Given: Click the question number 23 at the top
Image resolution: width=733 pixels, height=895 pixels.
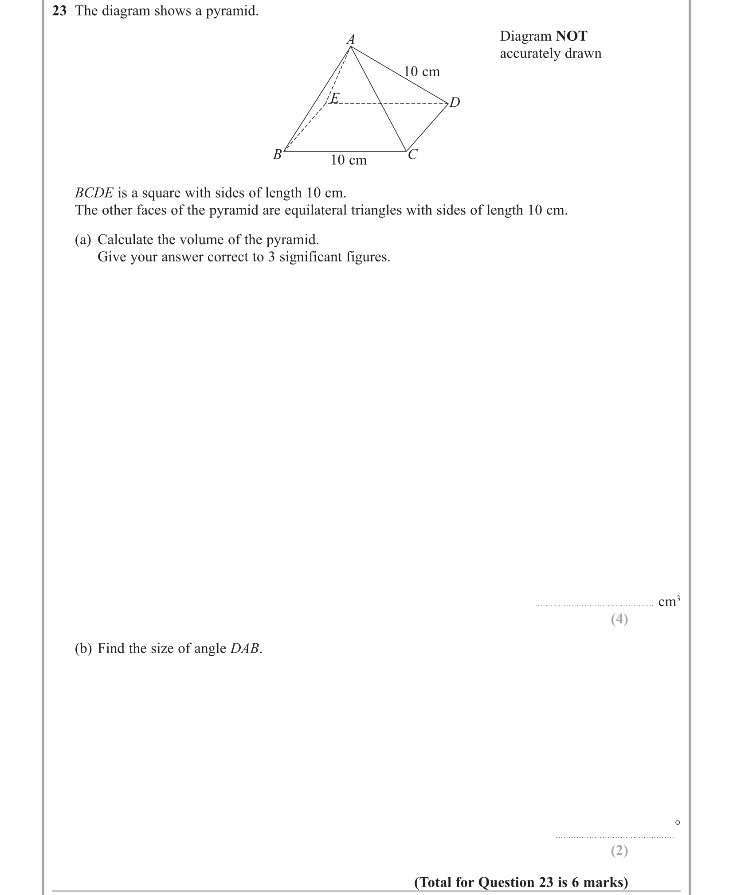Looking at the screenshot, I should pos(59,11).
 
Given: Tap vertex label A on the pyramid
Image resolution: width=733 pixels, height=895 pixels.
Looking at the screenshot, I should pos(351,39).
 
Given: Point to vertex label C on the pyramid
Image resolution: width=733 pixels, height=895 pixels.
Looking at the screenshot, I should pos(412,155).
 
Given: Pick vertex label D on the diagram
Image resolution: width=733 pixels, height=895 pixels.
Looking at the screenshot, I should pos(455,102).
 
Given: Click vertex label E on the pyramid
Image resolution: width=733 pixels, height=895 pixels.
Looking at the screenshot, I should pos(335,98).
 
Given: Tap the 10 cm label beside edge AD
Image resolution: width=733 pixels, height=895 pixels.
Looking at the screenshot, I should pos(422,71).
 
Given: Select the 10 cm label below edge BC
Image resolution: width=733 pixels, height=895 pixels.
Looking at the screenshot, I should pos(349,160).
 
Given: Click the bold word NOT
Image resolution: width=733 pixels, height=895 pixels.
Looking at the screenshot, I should pos(572,36).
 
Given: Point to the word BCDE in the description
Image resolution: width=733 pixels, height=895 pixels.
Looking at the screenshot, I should pos(94,193).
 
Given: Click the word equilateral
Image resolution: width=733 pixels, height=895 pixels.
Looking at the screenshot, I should pos(315,210).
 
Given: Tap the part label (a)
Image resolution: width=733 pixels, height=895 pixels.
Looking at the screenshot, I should pos(83,240).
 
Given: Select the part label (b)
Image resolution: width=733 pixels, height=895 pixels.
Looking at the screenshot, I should pos(83,649).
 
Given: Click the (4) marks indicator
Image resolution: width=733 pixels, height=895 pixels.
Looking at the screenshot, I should pos(619,619).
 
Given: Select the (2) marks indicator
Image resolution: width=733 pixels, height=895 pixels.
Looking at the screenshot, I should pos(619,850).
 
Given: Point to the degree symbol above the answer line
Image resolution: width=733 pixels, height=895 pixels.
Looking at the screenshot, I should pos(677,823).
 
